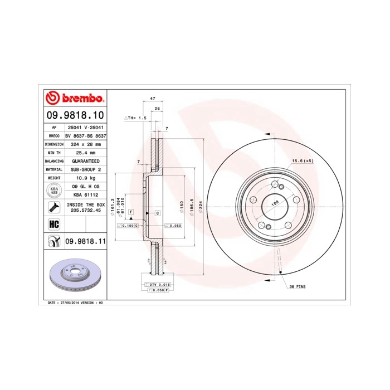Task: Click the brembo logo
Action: [x=75, y=99]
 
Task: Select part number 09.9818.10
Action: [x=75, y=115]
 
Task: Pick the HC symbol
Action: [x=54, y=224]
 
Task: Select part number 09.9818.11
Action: [x=85, y=241]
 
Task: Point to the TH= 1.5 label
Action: [x=135, y=118]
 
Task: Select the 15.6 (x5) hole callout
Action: [x=303, y=162]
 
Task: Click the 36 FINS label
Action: [x=298, y=286]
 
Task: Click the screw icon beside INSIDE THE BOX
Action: [x=54, y=208]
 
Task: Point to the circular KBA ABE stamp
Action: [x=54, y=190]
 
